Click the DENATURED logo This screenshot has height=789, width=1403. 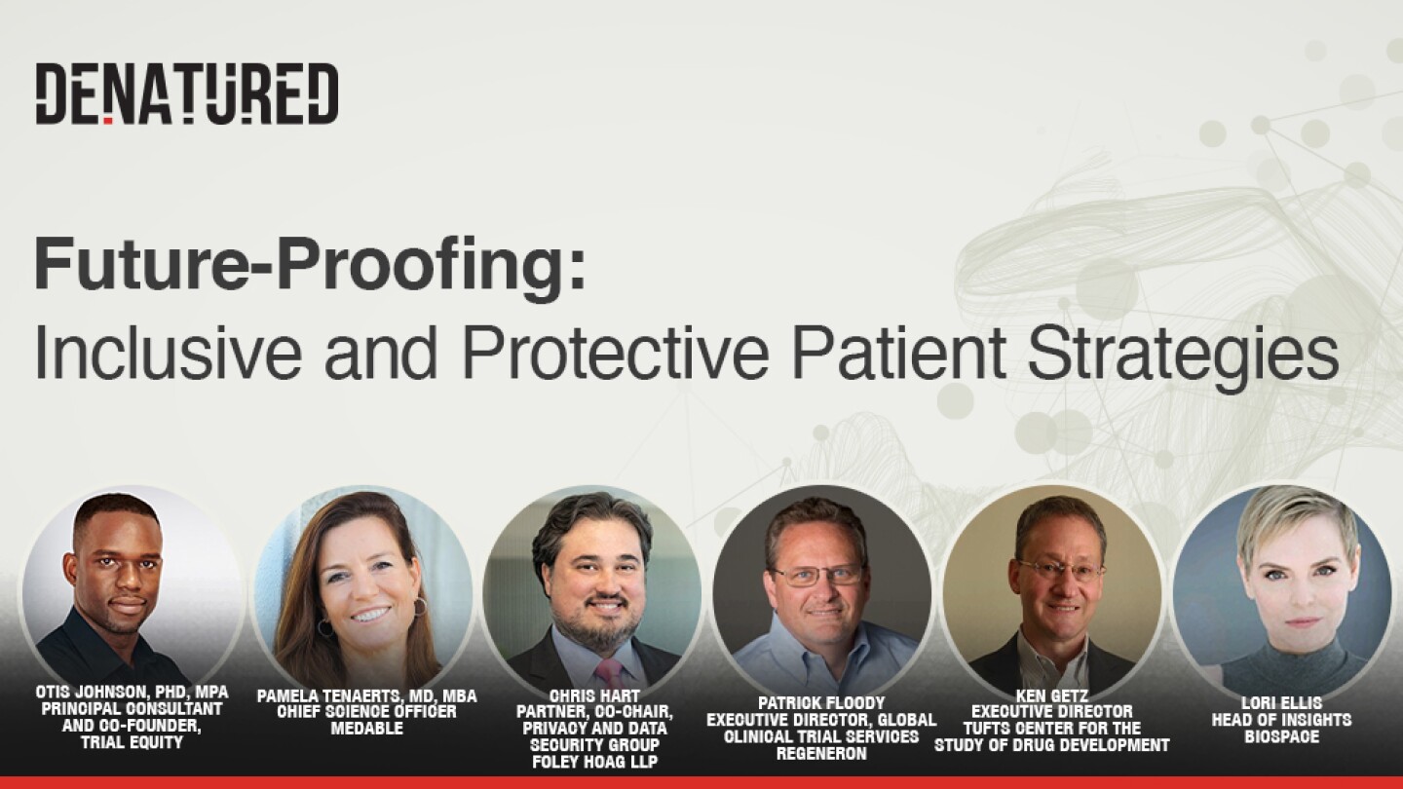pos(187,94)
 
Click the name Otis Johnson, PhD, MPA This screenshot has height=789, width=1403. pos(133,693)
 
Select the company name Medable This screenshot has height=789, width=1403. pos(367,729)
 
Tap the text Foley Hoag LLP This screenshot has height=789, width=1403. pos(594,762)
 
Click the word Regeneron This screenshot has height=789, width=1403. pos(821,753)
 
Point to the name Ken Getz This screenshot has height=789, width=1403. pos(1052,695)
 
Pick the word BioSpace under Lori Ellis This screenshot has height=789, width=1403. pos(1282,736)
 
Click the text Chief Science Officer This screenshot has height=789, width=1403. pos(367,712)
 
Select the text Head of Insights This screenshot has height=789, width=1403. pos(1282,720)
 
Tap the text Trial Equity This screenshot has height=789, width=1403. pos(133,742)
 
